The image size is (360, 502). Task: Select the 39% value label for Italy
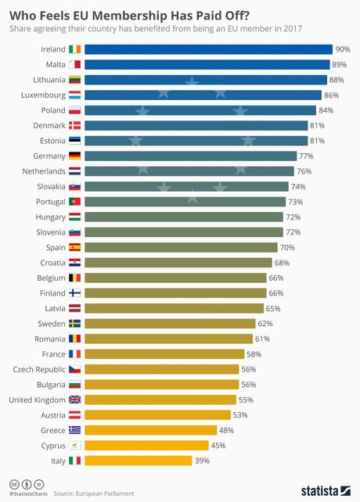point(201,461)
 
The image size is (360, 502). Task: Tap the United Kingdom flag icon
point(74,400)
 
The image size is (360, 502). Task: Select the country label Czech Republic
point(39,369)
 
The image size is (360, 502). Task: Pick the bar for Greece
point(150,430)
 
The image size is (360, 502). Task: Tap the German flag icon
point(74,156)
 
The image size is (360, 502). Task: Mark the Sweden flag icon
point(74,323)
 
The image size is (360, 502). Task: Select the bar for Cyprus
point(146,445)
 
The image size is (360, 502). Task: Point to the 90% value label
point(342,49)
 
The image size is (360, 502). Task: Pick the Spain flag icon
point(74,247)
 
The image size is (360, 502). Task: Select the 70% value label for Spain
point(287,247)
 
